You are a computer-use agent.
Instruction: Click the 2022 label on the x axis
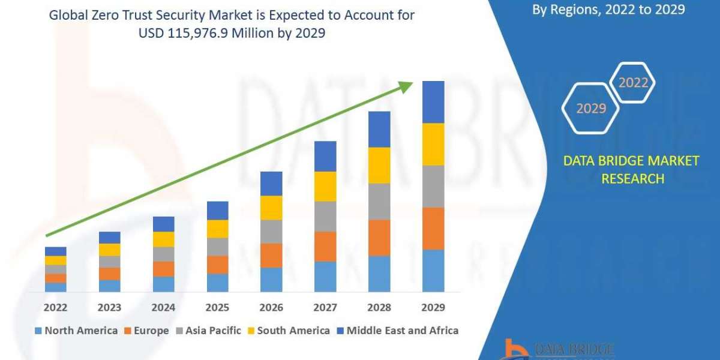pyautogui.click(x=56, y=307)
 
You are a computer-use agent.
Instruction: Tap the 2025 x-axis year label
pyautogui.click(x=218, y=307)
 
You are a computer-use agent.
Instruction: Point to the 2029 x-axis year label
pyautogui.click(x=433, y=307)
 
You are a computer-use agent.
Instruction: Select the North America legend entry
pyautogui.click(x=76, y=331)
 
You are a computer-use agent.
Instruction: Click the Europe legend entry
pyautogui.click(x=147, y=331)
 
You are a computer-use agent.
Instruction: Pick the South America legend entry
pyautogui.click(x=288, y=331)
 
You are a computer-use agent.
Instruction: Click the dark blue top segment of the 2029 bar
pyautogui.click(x=433, y=102)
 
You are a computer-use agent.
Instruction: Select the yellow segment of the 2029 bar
pyautogui.click(x=433, y=144)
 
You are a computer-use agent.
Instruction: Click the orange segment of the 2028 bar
pyautogui.click(x=379, y=238)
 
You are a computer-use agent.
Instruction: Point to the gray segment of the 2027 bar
pyautogui.click(x=325, y=217)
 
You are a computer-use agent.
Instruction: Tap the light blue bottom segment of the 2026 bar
pyautogui.click(x=271, y=280)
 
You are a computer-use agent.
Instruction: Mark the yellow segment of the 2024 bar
pyautogui.click(x=164, y=239)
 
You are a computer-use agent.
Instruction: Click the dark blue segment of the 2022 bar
pyautogui.click(x=56, y=251)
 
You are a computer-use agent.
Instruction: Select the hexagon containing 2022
pyautogui.click(x=632, y=83)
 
